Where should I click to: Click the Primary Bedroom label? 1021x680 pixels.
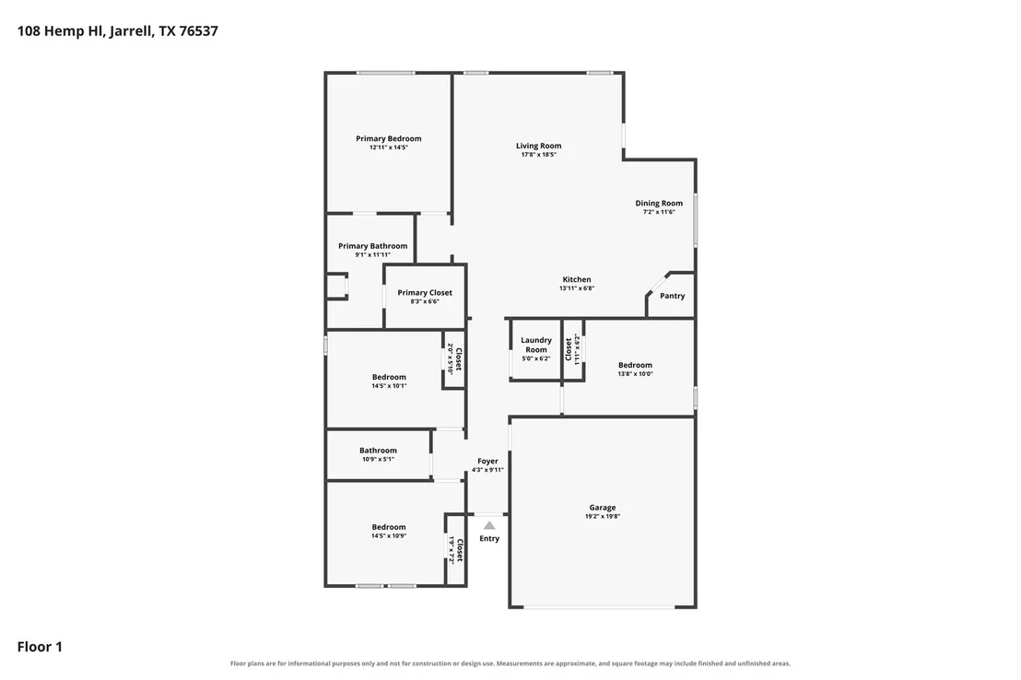(388, 139)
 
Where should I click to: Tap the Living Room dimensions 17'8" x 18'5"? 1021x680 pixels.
(538, 155)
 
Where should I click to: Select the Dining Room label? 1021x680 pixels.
(659, 204)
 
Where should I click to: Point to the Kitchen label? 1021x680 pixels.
(577, 279)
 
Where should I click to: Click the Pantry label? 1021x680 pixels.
(673, 296)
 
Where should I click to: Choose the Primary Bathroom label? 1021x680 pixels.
(372, 246)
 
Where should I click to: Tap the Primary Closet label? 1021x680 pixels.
(425, 293)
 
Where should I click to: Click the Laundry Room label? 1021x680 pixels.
(536, 345)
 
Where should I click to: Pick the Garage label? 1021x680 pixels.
(603, 508)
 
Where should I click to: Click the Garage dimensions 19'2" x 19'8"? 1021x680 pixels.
(603, 517)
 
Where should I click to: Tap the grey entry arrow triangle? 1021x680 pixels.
(489, 525)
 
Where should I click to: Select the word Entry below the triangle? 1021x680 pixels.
(489, 539)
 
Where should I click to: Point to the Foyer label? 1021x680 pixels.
(487, 461)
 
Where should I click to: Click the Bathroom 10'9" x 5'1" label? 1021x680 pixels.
(378, 451)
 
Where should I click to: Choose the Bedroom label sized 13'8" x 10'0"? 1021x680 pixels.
(635, 366)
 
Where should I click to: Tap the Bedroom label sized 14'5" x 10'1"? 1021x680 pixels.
(389, 377)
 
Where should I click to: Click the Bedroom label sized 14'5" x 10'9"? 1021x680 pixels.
(389, 528)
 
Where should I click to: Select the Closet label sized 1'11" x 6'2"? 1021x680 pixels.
(569, 348)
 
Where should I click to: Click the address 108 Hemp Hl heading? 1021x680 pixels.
(118, 31)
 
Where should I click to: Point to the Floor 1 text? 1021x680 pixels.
(40, 647)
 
